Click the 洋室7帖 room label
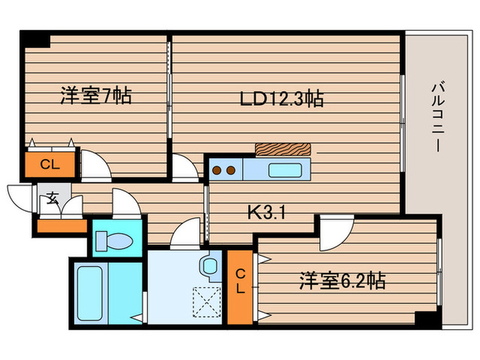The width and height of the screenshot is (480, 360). click(95, 95)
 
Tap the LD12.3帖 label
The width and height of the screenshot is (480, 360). click(282, 99)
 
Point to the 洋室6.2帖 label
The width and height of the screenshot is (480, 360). click(341, 280)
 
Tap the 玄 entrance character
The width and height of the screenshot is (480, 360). click(52, 200)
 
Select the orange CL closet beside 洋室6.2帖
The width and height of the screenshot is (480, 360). click(240, 281)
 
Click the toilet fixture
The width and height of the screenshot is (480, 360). click(116, 240)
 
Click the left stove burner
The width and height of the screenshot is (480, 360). click(216, 169)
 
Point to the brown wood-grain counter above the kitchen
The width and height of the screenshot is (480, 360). click(282, 149)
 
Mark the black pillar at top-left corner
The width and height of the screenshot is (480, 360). click(35, 39)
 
